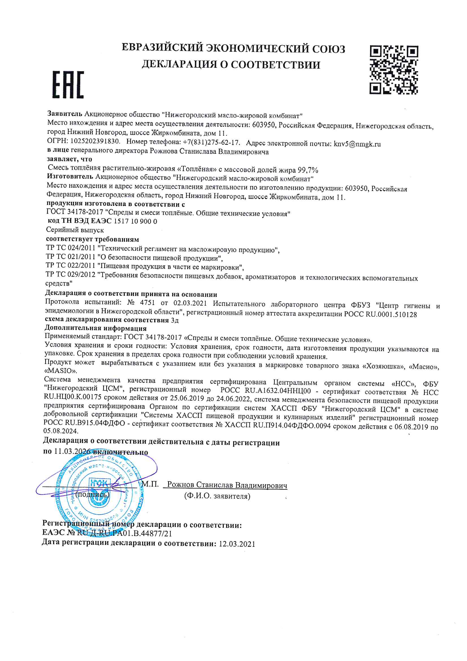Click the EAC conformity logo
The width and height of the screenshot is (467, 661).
pos(68,85)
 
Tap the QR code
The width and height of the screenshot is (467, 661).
pos(394,70)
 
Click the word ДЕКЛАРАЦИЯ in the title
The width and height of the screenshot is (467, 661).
pos(179,64)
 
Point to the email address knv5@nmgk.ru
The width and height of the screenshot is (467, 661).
pos(357,144)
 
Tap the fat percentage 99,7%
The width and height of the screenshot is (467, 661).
pos(308,170)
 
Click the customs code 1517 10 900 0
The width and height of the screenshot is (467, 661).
pos(136,221)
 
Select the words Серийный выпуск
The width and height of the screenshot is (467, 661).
pos(75,230)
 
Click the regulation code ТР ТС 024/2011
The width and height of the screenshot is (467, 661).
pos(71,248)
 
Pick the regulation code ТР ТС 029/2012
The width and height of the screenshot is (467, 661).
pos(71,274)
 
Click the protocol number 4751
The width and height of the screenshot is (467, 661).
pos(147,303)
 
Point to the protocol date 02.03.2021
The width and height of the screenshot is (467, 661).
pos(190,303)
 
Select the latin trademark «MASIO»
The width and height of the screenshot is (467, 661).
pos(60,371)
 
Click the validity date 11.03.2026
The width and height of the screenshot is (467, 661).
pos(72,452)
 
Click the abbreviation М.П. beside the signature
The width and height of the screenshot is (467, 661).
pos(150,484)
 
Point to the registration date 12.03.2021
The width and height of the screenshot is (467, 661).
pos(237,544)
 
